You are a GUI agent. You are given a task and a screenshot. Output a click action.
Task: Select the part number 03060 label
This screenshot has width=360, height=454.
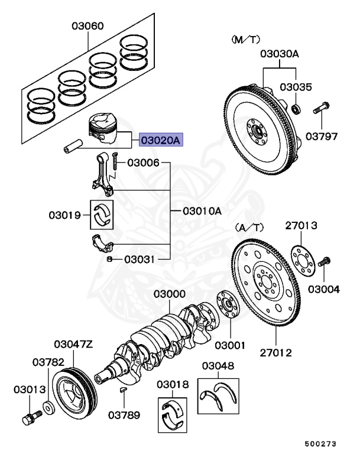pos(88,26)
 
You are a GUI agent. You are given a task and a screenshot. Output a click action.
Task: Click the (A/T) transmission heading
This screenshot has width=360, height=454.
pos(248,226)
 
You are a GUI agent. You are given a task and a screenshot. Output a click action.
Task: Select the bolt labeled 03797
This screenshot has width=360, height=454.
pos(322,109)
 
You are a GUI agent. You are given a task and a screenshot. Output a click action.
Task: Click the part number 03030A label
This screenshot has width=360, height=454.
pos(280,54)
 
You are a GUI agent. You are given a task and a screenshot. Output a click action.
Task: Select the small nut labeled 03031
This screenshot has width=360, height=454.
pos(109,259)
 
